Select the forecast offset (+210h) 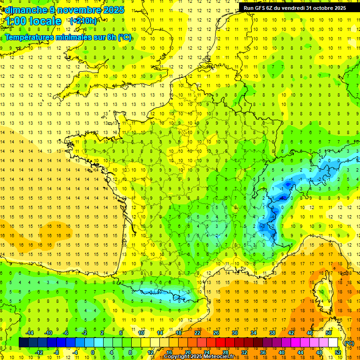83,21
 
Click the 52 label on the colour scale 338,352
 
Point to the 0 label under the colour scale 93,352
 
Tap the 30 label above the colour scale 234,333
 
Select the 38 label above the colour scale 272,333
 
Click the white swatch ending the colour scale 333,343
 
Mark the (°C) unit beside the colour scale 349,343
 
